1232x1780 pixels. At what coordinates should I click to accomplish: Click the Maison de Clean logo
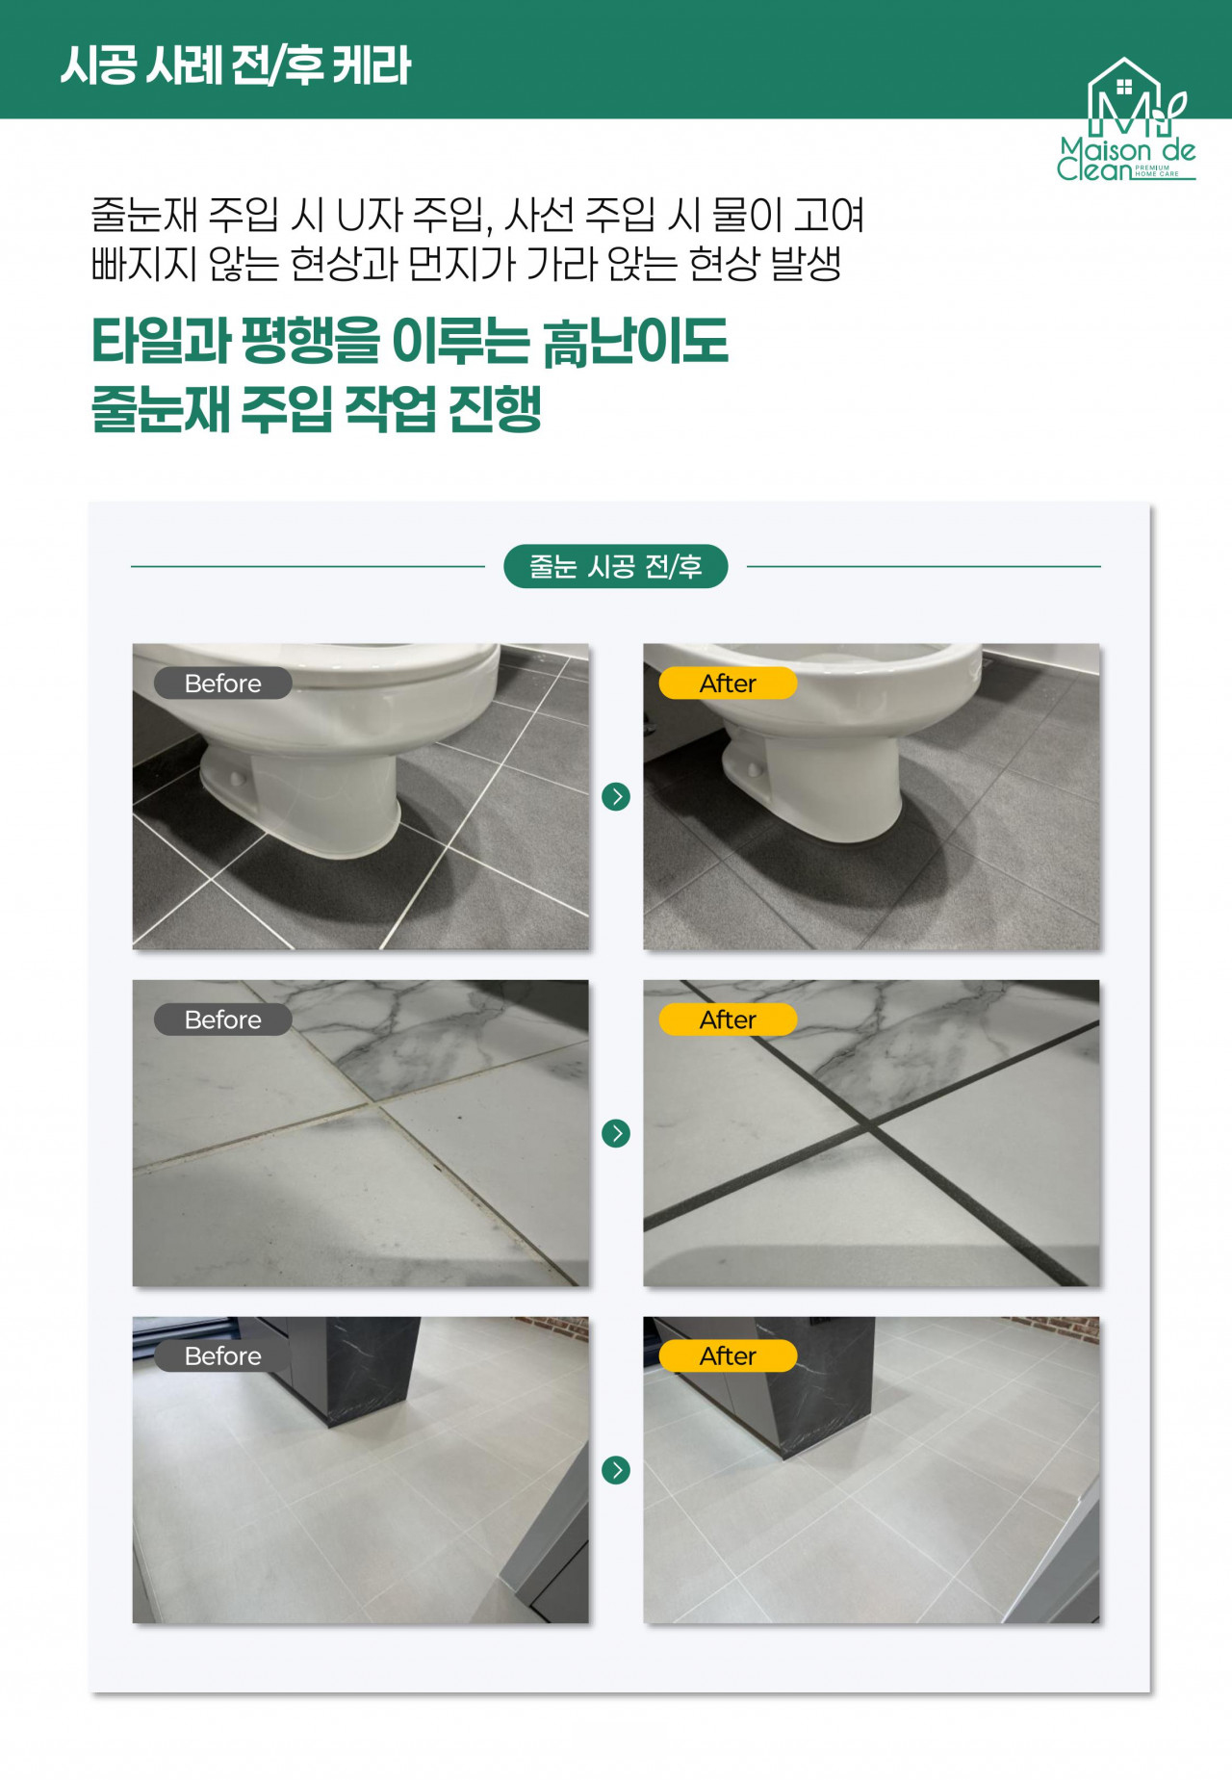coord(1126,120)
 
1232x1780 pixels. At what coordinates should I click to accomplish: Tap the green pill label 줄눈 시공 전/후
coord(615,566)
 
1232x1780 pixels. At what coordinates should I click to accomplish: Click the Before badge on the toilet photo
coord(223,683)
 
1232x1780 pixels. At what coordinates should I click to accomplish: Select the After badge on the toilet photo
coord(728,683)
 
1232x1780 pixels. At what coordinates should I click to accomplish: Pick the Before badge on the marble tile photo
coord(223,1019)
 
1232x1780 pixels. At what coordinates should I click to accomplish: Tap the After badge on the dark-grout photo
coord(728,1019)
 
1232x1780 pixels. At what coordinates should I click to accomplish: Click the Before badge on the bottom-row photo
coord(223,1355)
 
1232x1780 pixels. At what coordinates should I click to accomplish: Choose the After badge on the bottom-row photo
coord(728,1355)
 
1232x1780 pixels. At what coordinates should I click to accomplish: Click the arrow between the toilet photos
coord(616,796)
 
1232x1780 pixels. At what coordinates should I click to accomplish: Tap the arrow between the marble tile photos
coord(616,1133)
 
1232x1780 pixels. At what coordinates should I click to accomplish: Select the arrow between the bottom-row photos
coord(616,1470)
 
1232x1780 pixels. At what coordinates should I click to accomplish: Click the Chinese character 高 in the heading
coord(566,343)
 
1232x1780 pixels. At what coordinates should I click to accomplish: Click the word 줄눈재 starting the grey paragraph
coord(144,215)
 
